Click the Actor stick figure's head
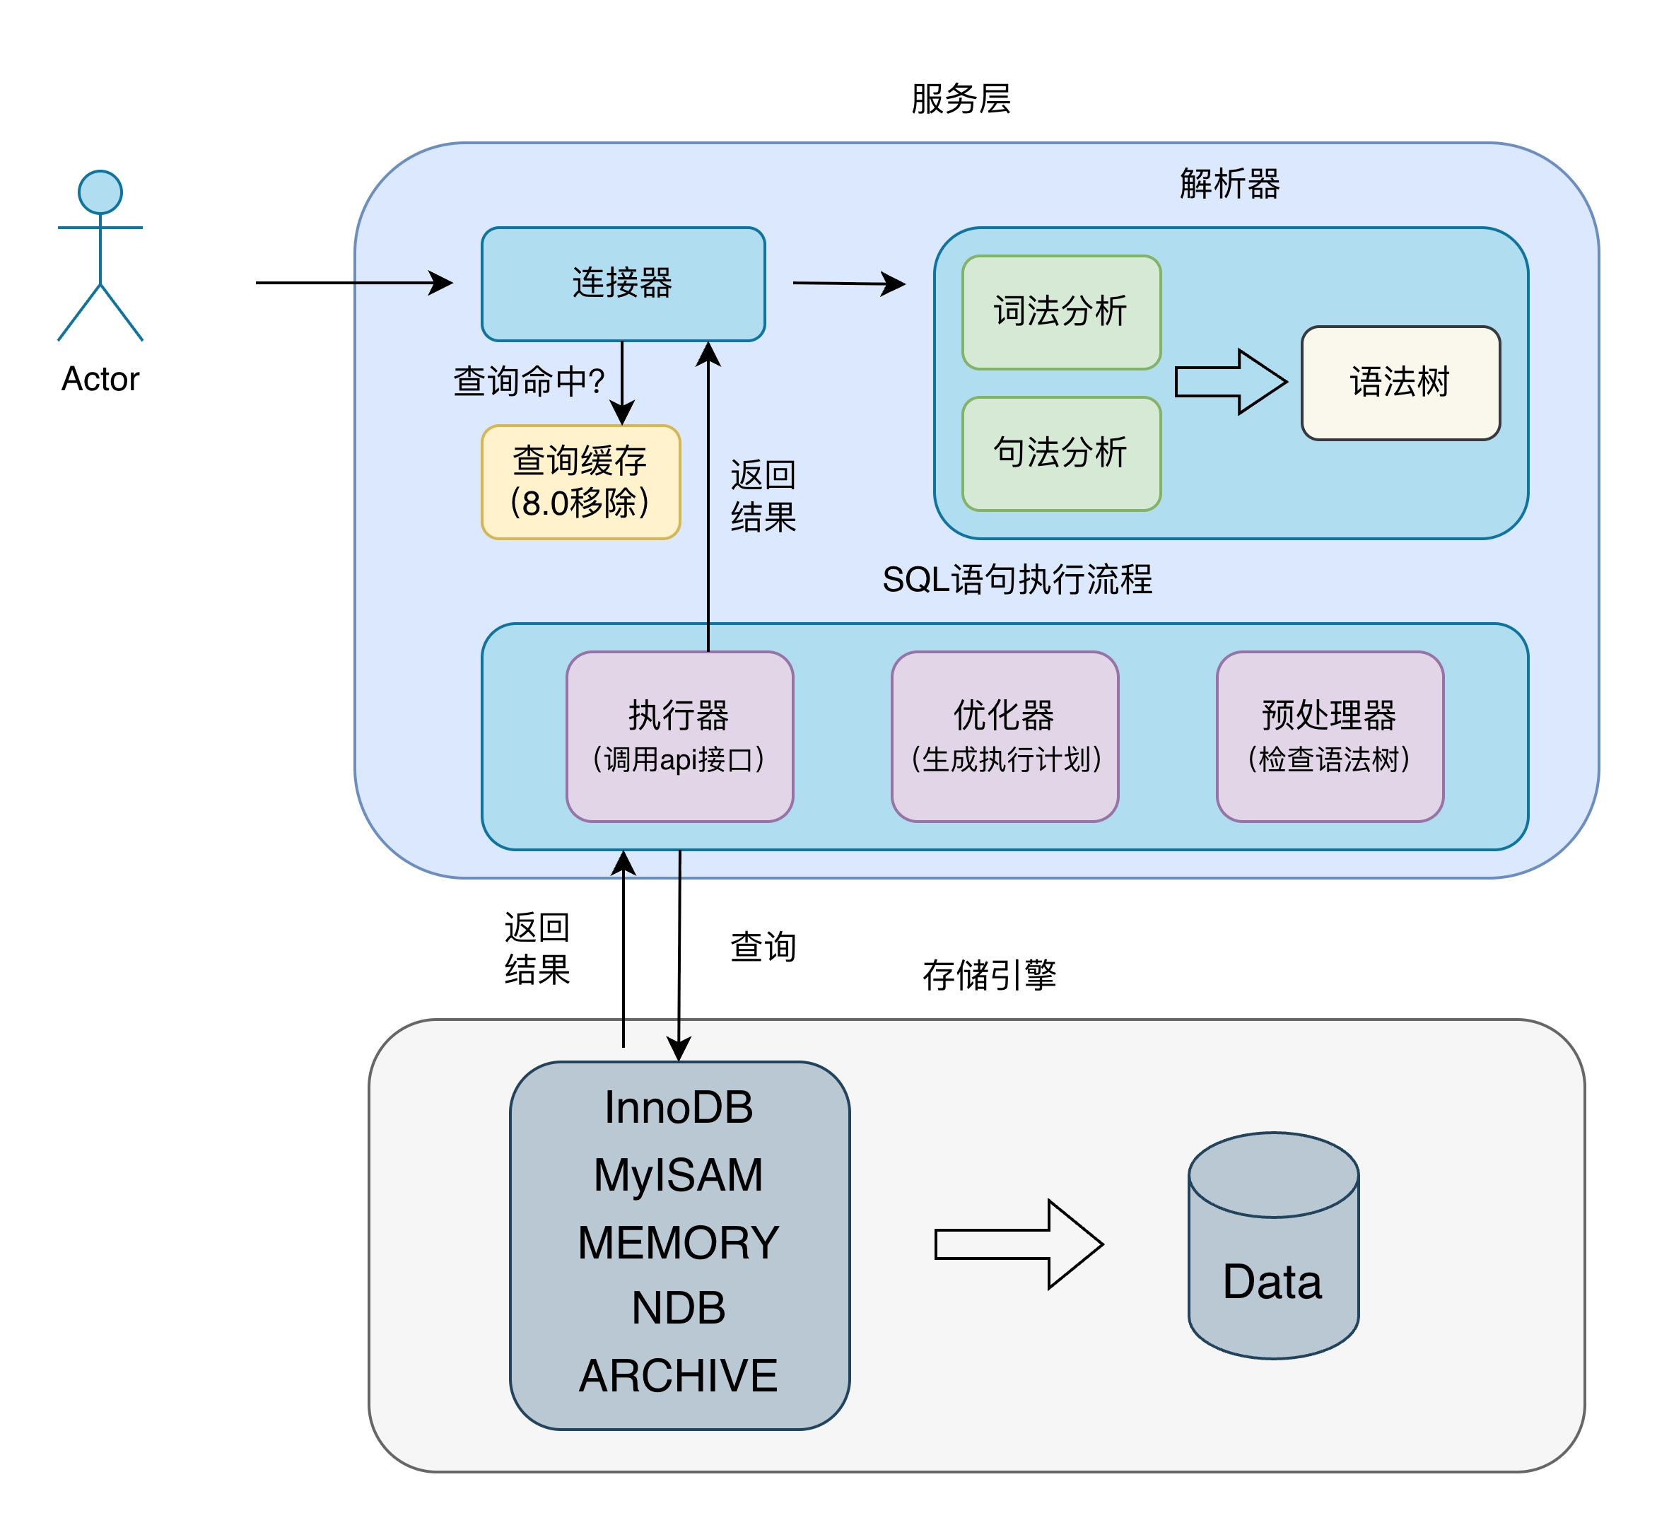click(x=100, y=192)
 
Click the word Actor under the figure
click(x=100, y=378)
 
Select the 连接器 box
click(x=622, y=283)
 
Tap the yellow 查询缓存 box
click(x=580, y=482)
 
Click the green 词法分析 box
click(x=1060, y=312)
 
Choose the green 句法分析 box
click(x=1060, y=454)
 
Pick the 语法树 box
click(x=1400, y=382)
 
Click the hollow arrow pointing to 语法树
click(x=1231, y=382)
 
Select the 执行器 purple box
click(x=679, y=736)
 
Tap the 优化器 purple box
click(x=1004, y=736)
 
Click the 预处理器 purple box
click(x=1328, y=736)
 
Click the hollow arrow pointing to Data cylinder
click(x=1018, y=1244)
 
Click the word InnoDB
click(x=678, y=1107)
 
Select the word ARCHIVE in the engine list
click(x=678, y=1375)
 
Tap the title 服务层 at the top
click(x=960, y=98)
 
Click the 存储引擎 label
click(x=989, y=974)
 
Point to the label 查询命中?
click(x=528, y=382)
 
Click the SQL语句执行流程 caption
click(x=1017, y=579)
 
